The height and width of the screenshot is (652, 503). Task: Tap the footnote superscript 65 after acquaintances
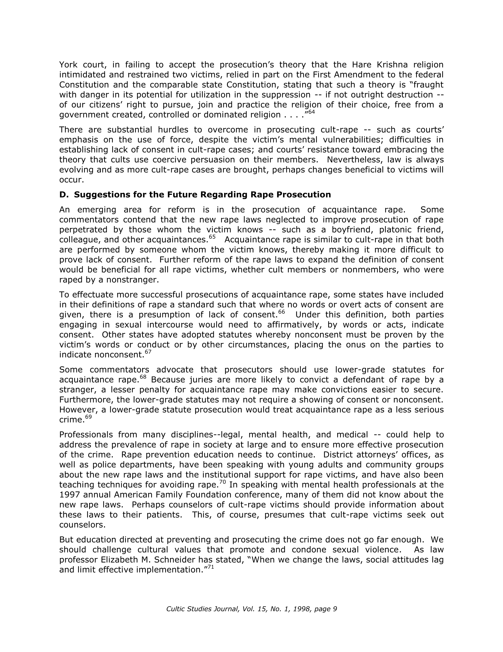pyautogui.click(x=212, y=237)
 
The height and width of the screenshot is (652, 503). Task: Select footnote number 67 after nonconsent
pyautogui.click(x=148, y=352)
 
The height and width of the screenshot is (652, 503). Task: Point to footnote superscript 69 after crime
pyautogui.click(x=89, y=417)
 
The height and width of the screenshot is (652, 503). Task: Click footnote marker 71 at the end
pyautogui.click(x=211, y=567)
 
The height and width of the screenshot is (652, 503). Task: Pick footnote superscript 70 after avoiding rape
pyautogui.click(x=222, y=482)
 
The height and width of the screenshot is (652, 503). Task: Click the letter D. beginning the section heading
pyautogui.click(x=64, y=195)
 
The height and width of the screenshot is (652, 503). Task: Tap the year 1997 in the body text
pyautogui.click(x=69, y=495)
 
